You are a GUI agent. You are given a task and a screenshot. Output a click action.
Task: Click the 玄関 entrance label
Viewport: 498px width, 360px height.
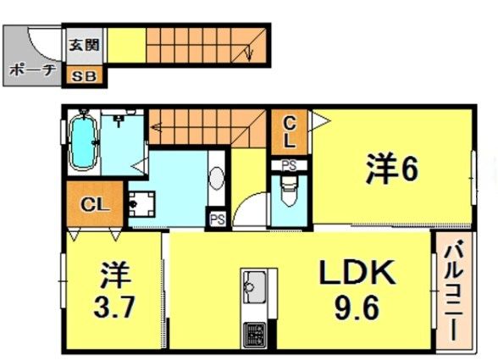(x=84, y=45)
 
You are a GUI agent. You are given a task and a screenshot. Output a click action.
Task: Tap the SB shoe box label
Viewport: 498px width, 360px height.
(x=84, y=76)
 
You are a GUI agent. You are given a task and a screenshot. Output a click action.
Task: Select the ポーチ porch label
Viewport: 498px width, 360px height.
(x=32, y=70)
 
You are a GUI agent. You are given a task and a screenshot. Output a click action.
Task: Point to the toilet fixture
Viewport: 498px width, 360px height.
(x=289, y=191)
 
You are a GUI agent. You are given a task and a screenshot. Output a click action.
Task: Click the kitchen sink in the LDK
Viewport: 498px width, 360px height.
(x=254, y=287)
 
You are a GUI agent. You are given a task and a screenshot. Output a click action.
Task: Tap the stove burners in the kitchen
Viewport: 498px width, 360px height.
(x=254, y=335)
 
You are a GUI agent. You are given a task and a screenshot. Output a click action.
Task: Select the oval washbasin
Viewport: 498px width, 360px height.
(x=217, y=178)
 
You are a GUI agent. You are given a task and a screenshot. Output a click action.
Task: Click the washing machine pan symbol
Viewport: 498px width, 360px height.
(x=141, y=204)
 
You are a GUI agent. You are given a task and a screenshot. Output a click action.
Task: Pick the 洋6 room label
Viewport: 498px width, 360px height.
(x=391, y=169)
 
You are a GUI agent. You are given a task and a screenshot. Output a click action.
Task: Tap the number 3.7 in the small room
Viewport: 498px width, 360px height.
(x=114, y=307)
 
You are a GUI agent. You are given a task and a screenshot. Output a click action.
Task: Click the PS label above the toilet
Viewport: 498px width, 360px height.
(x=290, y=165)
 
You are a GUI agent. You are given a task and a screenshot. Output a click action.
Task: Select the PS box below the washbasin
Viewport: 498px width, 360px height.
(x=217, y=219)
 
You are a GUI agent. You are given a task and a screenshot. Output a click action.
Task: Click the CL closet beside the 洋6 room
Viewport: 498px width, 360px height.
(x=290, y=132)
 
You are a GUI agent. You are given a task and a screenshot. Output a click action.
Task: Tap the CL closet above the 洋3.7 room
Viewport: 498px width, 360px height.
(x=95, y=203)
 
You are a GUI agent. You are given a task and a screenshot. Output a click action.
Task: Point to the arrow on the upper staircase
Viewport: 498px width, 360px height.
(x=249, y=53)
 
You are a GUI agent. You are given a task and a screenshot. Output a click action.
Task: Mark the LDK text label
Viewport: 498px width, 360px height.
(x=358, y=273)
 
